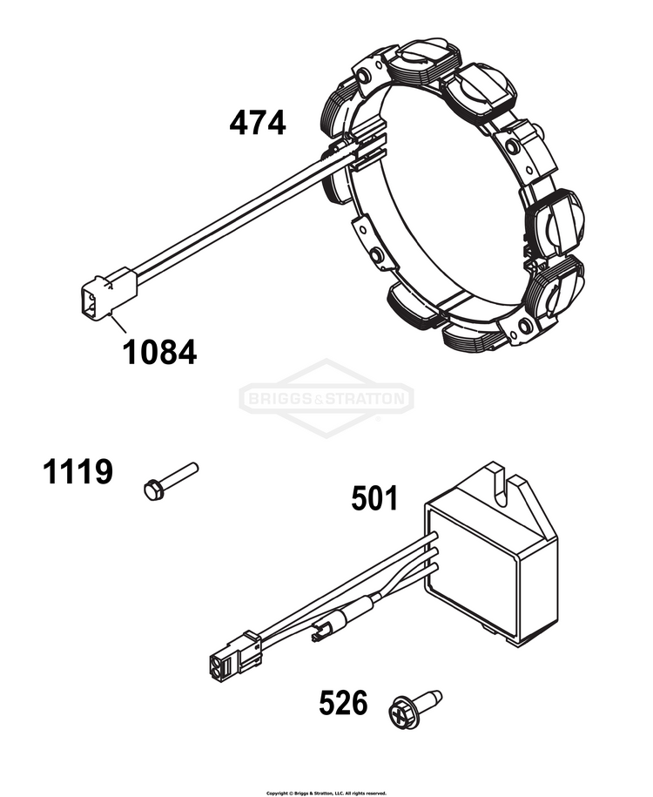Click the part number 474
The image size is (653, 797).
tap(257, 124)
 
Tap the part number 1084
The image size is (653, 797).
tap(159, 352)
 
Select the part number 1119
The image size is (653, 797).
tap(77, 472)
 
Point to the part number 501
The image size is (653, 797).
tap(374, 498)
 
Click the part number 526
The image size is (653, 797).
tap(343, 703)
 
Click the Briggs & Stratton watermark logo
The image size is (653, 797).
tap(326, 399)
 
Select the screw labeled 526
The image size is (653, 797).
tap(414, 707)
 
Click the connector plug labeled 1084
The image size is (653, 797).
tap(109, 294)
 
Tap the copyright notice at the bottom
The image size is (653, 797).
tap(326, 793)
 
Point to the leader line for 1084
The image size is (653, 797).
tap(119, 324)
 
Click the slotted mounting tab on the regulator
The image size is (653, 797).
tap(501, 487)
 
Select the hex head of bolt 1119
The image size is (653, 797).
tap(152, 490)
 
